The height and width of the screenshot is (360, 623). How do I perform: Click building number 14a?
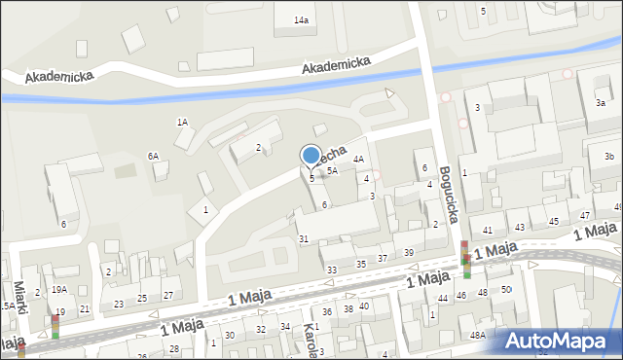(302, 20)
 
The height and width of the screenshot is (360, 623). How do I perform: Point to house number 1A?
(182, 122)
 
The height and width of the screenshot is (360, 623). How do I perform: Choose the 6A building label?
(153, 156)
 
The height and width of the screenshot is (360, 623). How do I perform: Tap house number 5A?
(332, 170)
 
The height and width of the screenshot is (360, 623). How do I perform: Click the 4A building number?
(358, 159)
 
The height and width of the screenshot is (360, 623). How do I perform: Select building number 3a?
(602, 103)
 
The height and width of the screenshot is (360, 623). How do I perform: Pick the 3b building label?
(609, 157)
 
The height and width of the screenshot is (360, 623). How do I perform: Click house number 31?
(304, 239)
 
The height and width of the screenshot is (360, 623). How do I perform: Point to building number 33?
(332, 270)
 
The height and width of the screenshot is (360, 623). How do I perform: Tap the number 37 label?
(383, 258)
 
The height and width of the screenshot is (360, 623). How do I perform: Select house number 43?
(520, 227)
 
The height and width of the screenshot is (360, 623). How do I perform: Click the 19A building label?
(59, 289)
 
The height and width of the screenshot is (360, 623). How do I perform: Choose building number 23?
(119, 304)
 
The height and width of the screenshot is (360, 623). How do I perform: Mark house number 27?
(167, 295)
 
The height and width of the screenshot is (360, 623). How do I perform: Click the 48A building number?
(477, 335)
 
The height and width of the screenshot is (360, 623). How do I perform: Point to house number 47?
(585, 215)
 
